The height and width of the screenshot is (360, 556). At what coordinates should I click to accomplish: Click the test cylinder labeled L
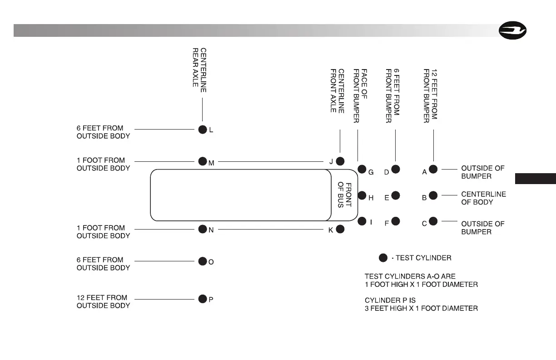tap(203, 130)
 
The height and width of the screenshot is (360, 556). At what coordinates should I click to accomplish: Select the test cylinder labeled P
tap(203, 299)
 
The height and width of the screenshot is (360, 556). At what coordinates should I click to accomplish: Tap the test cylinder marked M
tap(203, 161)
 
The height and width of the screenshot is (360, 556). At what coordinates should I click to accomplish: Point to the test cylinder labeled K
tap(340, 230)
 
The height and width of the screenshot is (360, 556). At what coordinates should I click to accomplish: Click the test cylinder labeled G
tap(362, 170)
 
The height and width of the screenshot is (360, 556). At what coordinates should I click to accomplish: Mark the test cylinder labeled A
tap(433, 170)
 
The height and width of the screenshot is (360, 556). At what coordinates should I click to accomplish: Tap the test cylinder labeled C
tap(433, 221)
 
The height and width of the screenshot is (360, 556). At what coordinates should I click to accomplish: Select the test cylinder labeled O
tap(203, 261)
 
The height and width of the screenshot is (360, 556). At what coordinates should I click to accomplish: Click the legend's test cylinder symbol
tap(383, 258)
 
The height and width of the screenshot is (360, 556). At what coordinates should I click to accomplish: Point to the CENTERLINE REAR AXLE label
tap(200, 70)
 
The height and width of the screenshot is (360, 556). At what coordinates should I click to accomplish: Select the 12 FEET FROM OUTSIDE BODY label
tap(103, 301)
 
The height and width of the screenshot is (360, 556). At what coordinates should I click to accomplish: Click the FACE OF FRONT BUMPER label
tap(360, 96)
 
